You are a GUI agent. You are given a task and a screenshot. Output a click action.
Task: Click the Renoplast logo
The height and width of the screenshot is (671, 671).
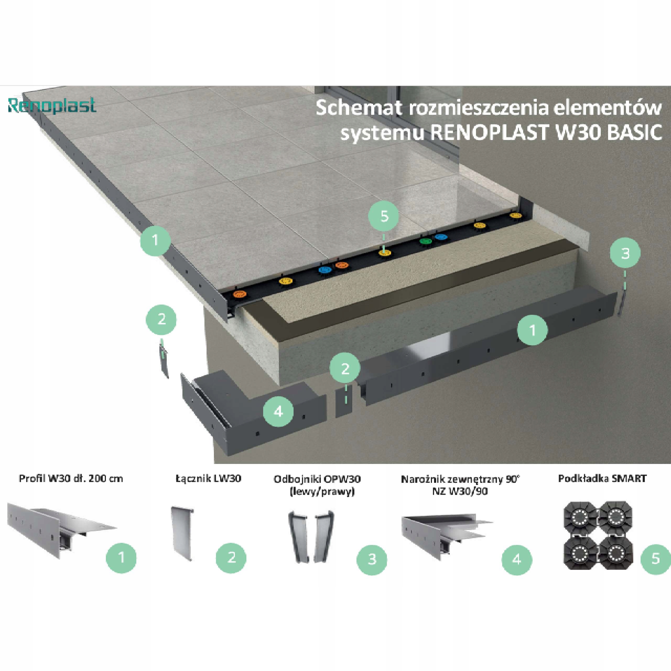click(x=52, y=106)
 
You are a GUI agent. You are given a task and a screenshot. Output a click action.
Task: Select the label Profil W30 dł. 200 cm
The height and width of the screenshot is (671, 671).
click(x=71, y=478)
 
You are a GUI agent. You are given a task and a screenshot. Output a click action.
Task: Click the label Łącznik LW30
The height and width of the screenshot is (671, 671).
click(x=208, y=478)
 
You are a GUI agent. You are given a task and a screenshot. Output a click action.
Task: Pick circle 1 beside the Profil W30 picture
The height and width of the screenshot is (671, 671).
click(x=121, y=558)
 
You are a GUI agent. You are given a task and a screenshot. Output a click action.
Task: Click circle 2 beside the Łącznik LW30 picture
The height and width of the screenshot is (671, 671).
click(x=231, y=558)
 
